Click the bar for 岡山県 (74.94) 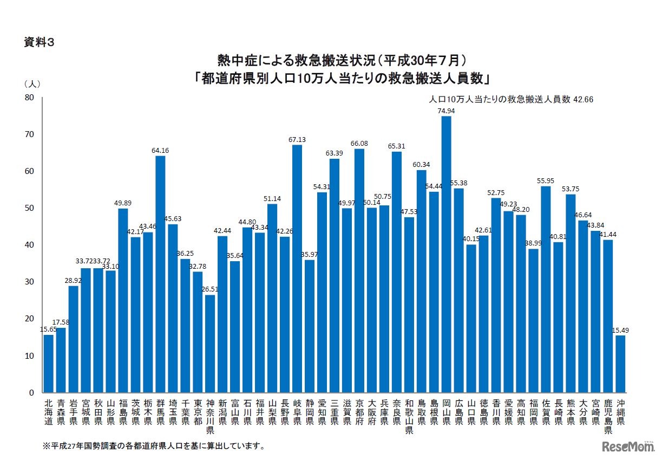[446, 254]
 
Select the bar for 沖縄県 [620, 364]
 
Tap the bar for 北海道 [49, 363]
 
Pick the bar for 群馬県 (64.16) [160, 274]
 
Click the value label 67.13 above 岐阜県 [297, 139]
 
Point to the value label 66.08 [359, 143]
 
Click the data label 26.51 [210, 289]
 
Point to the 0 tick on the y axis [31, 392]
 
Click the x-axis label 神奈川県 [210, 417]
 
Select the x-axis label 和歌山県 [409, 417]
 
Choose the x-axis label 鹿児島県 [608, 417]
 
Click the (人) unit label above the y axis [32, 84]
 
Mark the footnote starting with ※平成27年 [154, 447]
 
